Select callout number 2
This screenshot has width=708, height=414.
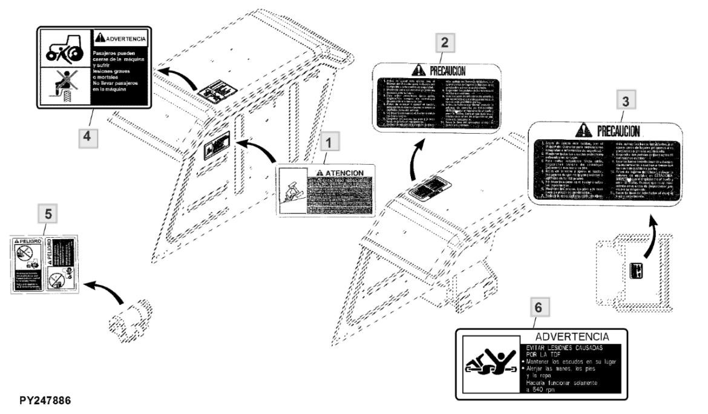tap(445, 42)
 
